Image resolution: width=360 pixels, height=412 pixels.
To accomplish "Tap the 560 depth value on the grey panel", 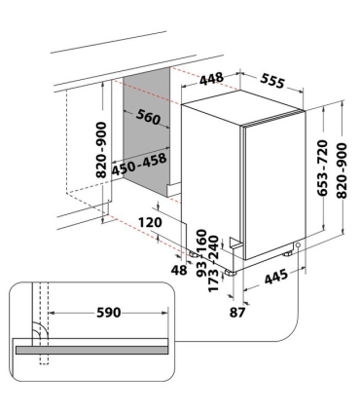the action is (148, 118).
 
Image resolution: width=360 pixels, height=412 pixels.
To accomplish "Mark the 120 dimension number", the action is (149, 221).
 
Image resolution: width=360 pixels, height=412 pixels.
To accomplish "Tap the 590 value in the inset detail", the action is (108, 313).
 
